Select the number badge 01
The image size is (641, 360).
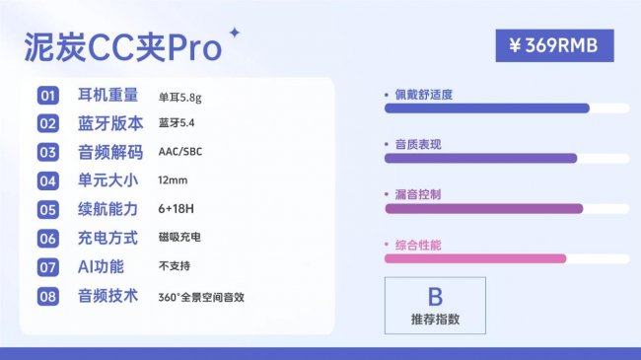tap(48, 96)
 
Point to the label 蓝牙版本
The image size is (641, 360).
tap(109, 123)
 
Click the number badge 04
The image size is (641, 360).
tap(48, 181)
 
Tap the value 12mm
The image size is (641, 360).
tap(173, 181)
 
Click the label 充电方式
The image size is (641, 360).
tap(109, 238)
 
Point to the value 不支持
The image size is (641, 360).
tap(175, 266)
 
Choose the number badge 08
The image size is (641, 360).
tap(48, 296)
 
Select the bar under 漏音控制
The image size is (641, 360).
tap(483, 208)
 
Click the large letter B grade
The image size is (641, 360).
tap(435, 296)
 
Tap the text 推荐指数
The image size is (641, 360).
tap(435, 320)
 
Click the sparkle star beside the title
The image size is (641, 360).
tap(234, 33)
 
